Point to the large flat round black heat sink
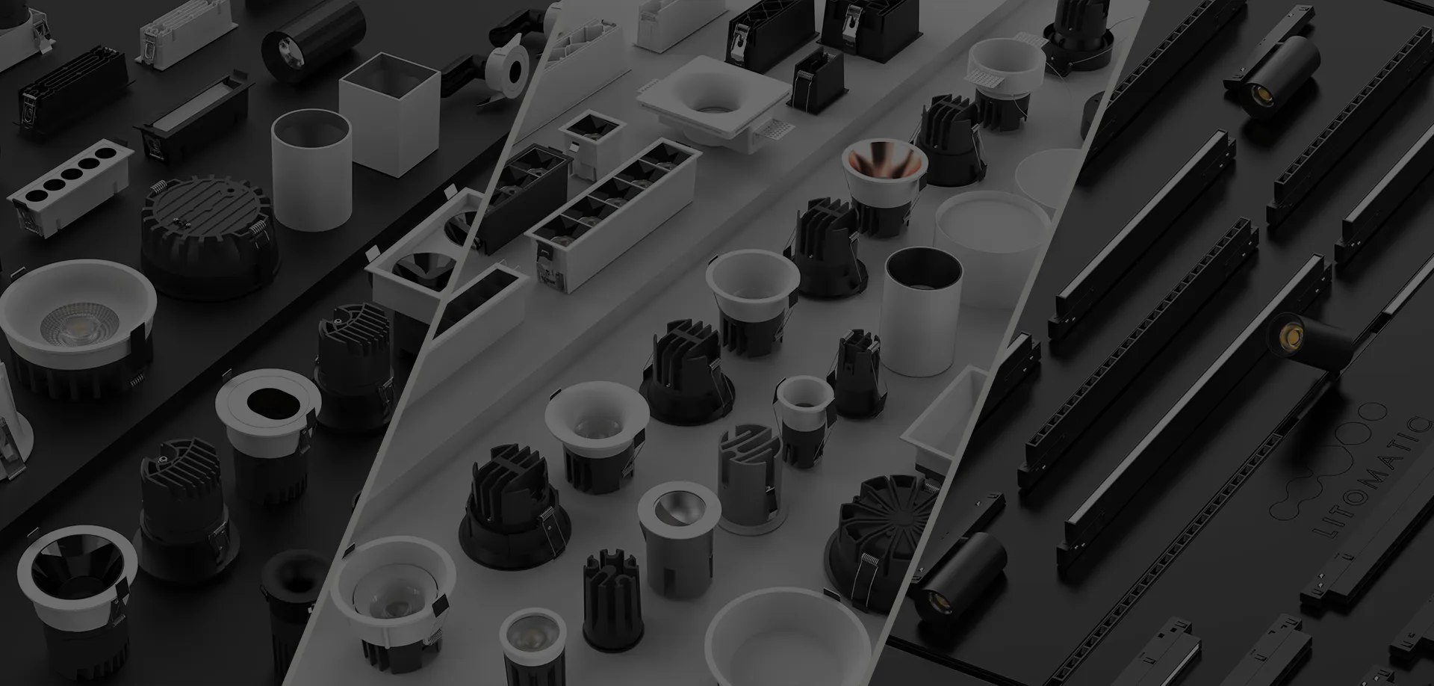tap(210, 232)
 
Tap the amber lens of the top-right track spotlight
tap(1262, 93)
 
